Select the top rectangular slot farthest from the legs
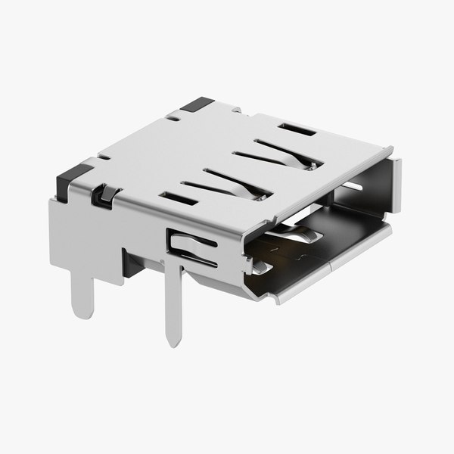click(x=297, y=129)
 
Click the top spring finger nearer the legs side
click(x=227, y=183)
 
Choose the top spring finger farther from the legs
click(x=281, y=151)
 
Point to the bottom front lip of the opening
click(x=333, y=265)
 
